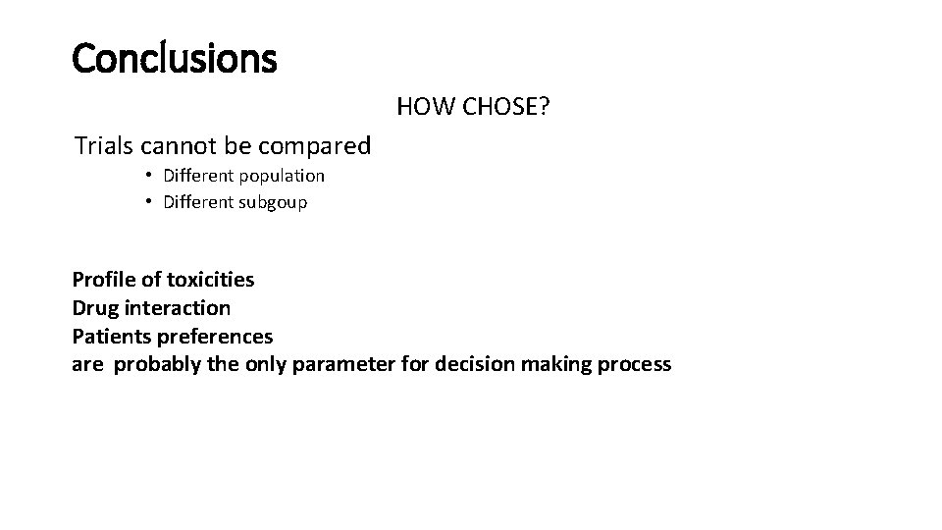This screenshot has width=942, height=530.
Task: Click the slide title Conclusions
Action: [175, 59]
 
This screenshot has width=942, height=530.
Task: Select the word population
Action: [281, 177]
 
